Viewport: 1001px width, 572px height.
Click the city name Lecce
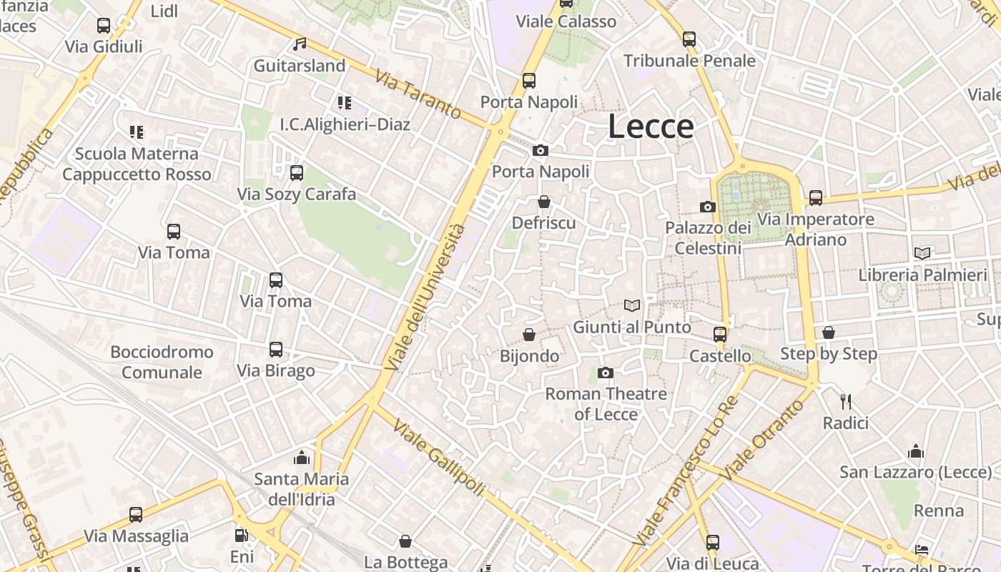point(651,127)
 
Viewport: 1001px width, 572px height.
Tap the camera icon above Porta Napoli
point(541,150)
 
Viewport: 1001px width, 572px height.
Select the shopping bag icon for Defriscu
point(544,202)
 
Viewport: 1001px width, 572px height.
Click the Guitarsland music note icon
point(300,44)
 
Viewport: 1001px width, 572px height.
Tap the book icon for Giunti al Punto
point(632,306)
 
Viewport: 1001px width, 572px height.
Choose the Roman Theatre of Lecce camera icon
point(606,373)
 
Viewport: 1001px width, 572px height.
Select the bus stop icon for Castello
point(720,334)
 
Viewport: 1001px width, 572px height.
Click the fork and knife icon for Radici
point(846,401)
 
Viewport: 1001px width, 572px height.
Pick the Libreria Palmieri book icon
point(922,253)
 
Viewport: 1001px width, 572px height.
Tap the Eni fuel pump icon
point(242,535)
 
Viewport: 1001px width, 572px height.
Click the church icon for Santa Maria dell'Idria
point(302,457)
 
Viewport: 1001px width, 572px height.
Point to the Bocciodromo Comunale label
point(162,362)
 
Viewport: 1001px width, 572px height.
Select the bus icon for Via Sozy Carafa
point(296,172)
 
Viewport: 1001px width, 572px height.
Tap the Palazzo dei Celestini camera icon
point(708,207)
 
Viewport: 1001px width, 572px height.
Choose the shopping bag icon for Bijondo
point(529,335)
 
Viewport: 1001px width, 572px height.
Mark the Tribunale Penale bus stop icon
point(689,39)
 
